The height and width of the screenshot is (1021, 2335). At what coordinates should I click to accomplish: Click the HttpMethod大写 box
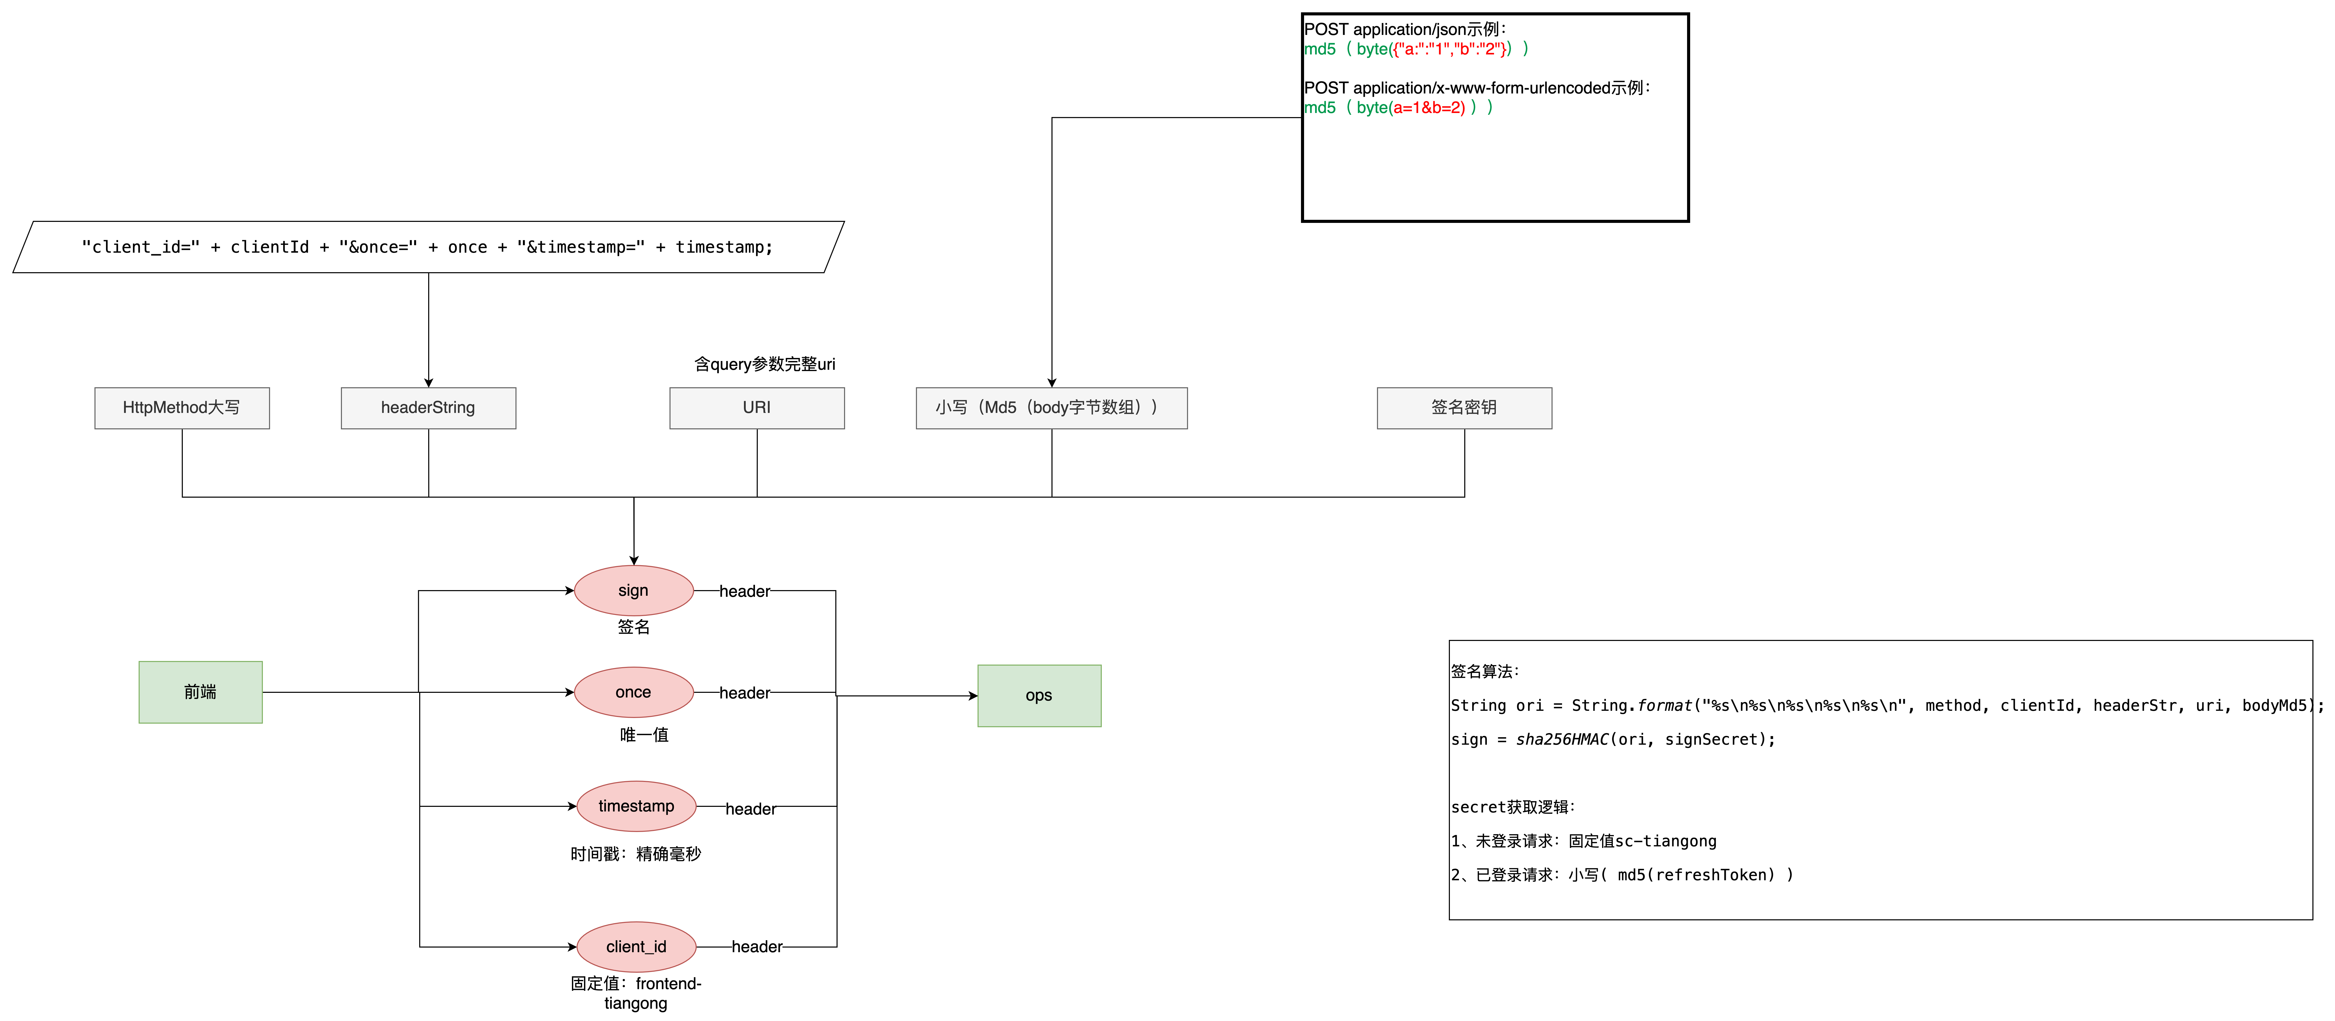click(181, 408)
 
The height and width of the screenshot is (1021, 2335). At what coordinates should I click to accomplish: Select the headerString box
click(428, 408)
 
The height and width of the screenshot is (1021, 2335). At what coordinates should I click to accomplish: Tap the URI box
click(757, 408)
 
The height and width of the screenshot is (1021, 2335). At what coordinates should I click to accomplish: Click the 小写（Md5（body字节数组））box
click(1051, 408)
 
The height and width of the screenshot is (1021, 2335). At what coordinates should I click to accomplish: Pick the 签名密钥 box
click(1464, 408)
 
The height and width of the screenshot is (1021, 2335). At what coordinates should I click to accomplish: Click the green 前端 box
click(200, 692)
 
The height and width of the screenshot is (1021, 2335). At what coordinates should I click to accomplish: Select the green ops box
click(1039, 695)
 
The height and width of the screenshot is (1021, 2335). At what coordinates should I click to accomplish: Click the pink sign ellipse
click(634, 590)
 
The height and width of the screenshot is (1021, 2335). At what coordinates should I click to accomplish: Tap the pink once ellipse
click(634, 692)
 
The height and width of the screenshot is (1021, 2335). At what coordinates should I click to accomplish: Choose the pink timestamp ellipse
click(636, 806)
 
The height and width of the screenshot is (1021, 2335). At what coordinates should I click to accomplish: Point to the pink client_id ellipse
click(636, 947)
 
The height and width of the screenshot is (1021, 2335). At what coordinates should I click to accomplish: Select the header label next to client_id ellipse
click(757, 947)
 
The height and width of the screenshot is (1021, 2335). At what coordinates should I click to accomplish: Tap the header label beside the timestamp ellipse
click(751, 809)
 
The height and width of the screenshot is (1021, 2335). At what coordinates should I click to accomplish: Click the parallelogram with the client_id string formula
click(428, 247)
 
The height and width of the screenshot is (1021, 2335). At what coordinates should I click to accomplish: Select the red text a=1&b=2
click(1429, 108)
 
